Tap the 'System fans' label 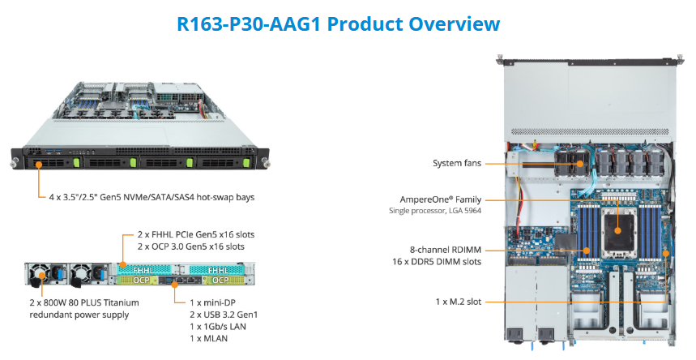coord(455,164)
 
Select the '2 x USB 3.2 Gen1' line coord(223,314)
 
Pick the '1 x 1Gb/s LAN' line coord(216,326)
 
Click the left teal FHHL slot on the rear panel coord(143,268)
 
